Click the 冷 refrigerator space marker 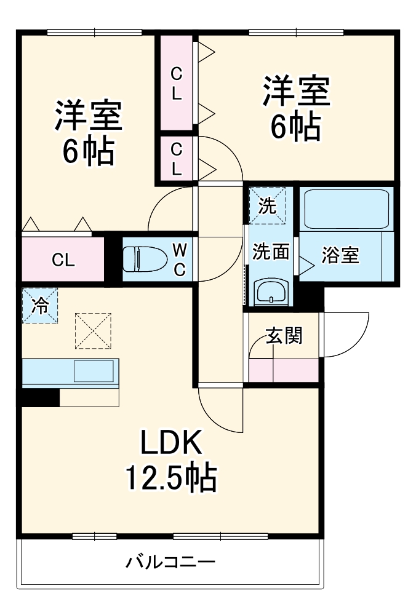coord(39,306)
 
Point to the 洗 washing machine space coord(267,206)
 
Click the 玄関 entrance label coord(284,336)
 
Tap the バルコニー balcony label coord(170,563)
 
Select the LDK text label coord(170,443)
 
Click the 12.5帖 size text coord(170,478)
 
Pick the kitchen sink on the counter coord(94,371)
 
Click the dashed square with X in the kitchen coord(93,331)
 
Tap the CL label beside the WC coord(63,260)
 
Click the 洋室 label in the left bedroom coord(88,116)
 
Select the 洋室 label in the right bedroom coord(296,92)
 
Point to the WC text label coord(180,260)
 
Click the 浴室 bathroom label coord(340,255)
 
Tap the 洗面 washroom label coord(271,252)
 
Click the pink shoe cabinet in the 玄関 coord(284,370)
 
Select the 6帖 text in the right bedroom coord(296,127)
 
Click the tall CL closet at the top coord(177,83)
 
